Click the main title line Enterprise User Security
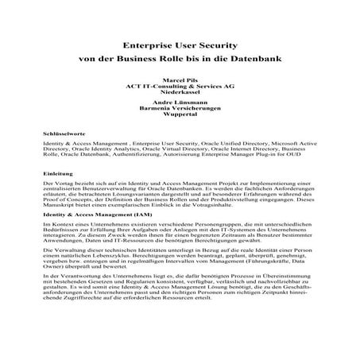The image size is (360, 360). coord(180,46)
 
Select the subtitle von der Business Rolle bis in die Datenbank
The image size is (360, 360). coord(180,60)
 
